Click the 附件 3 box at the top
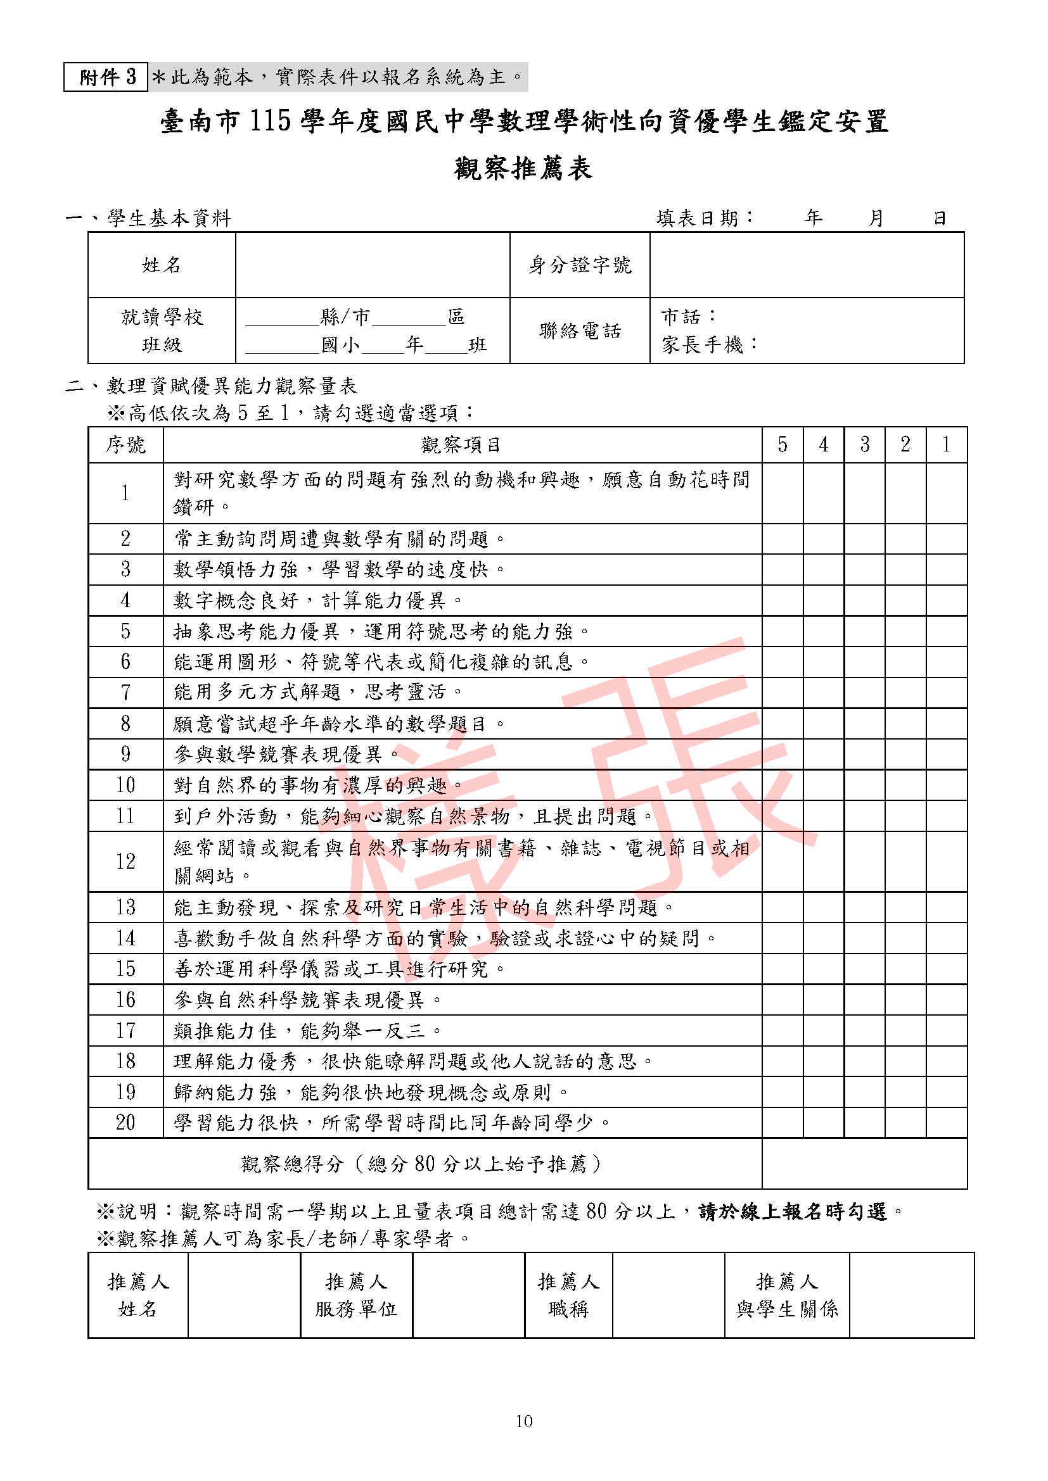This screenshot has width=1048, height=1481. coord(106,77)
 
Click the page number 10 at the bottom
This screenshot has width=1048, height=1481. coord(523,1421)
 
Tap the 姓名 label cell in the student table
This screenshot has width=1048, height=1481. coord(162,265)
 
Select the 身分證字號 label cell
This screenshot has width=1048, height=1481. coord(580,265)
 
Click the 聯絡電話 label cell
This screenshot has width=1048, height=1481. coord(580,331)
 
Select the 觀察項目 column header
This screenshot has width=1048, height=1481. coord(461,444)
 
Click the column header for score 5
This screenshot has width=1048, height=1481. coord(782,444)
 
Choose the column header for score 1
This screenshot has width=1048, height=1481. coord(946,444)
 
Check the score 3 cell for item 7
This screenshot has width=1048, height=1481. coord(864,692)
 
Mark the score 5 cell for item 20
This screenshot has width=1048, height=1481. coord(782,1123)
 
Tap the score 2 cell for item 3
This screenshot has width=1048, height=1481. coord(905,570)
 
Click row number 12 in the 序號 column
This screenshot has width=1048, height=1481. coord(126,861)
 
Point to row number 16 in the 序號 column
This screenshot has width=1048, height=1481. coord(126,1000)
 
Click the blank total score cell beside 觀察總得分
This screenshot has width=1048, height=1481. coord(864,1164)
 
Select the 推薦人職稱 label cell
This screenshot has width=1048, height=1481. coord(568,1295)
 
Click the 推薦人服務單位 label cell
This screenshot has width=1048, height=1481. coord(356,1295)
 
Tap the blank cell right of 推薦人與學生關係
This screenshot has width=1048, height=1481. coord(911,1295)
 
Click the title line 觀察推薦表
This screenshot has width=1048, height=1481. coord(523,168)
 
